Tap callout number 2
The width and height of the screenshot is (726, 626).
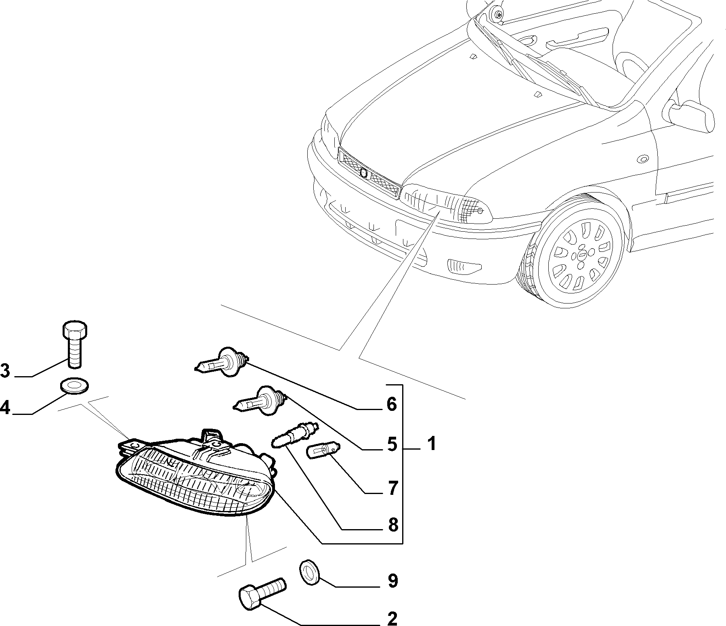point(391,618)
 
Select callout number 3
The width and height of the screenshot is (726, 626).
point(5,370)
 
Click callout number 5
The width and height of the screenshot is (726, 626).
point(391,444)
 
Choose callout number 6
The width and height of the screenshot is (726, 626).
point(391,404)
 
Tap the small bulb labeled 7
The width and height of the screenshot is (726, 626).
point(324,450)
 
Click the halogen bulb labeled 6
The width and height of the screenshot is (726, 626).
point(222,362)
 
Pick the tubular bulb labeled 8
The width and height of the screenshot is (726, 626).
point(294,435)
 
